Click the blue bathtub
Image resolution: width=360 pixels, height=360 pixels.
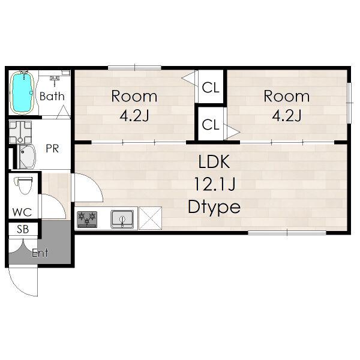(23, 92)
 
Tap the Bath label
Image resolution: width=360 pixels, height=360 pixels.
(52, 96)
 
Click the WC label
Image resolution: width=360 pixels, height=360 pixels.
(22, 212)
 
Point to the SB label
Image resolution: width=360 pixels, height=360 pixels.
(23, 229)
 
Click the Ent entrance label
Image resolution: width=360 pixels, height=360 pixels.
(40, 253)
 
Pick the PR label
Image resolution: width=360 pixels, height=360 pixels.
(52, 149)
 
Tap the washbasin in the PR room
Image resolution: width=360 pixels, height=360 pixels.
(27, 157)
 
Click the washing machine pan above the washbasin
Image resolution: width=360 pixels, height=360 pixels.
(20, 133)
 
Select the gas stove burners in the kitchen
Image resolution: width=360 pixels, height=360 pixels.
(87, 220)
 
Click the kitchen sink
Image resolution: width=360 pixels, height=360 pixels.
(122, 219)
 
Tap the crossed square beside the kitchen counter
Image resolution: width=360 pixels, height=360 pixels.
(150, 218)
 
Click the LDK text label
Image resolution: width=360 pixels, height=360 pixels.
(214, 161)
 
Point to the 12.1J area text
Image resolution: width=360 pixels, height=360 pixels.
(215, 184)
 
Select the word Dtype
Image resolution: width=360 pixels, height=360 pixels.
(214, 208)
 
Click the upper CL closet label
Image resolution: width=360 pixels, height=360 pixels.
(211, 88)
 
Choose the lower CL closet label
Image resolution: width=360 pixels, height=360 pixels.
(211, 125)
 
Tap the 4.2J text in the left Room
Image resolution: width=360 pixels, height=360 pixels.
(134, 115)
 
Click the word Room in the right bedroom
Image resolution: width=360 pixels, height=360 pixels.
(287, 96)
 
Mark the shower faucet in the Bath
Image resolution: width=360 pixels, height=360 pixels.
(55, 80)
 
